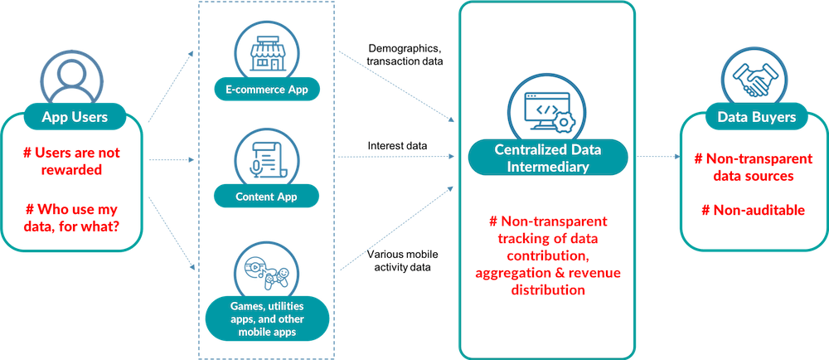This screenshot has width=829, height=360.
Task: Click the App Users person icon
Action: click(x=75, y=81)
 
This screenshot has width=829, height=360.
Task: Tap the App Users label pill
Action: click(x=75, y=117)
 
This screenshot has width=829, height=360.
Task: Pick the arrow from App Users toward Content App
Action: click(x=171, y=155)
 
